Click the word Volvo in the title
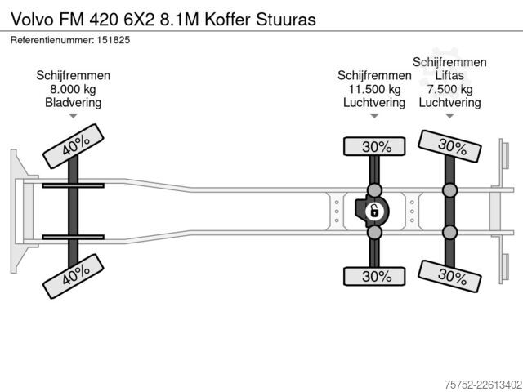click(33, 20)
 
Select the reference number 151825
click(114, 40)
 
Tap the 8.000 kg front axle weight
click(73, 89)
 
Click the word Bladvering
click(73, 103)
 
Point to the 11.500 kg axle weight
click(374, 89)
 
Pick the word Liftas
click(449, 76)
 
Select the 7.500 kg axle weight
click(449, 89)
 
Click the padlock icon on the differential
click(374, 212)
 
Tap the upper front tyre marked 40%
click(74, 146)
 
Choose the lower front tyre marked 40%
click(74, 276)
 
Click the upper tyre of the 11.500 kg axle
click(374, 146)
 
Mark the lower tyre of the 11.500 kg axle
click(374, 276)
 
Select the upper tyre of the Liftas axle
click(449, 146)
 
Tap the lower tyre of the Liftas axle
click(449, 276)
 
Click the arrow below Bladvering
click(73, 116)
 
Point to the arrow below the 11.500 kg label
click(374, 116)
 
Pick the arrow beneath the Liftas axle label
click(449, 116)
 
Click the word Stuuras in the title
click(286, 20)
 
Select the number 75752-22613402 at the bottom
click(483, 385)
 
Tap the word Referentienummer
click(52, 40)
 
